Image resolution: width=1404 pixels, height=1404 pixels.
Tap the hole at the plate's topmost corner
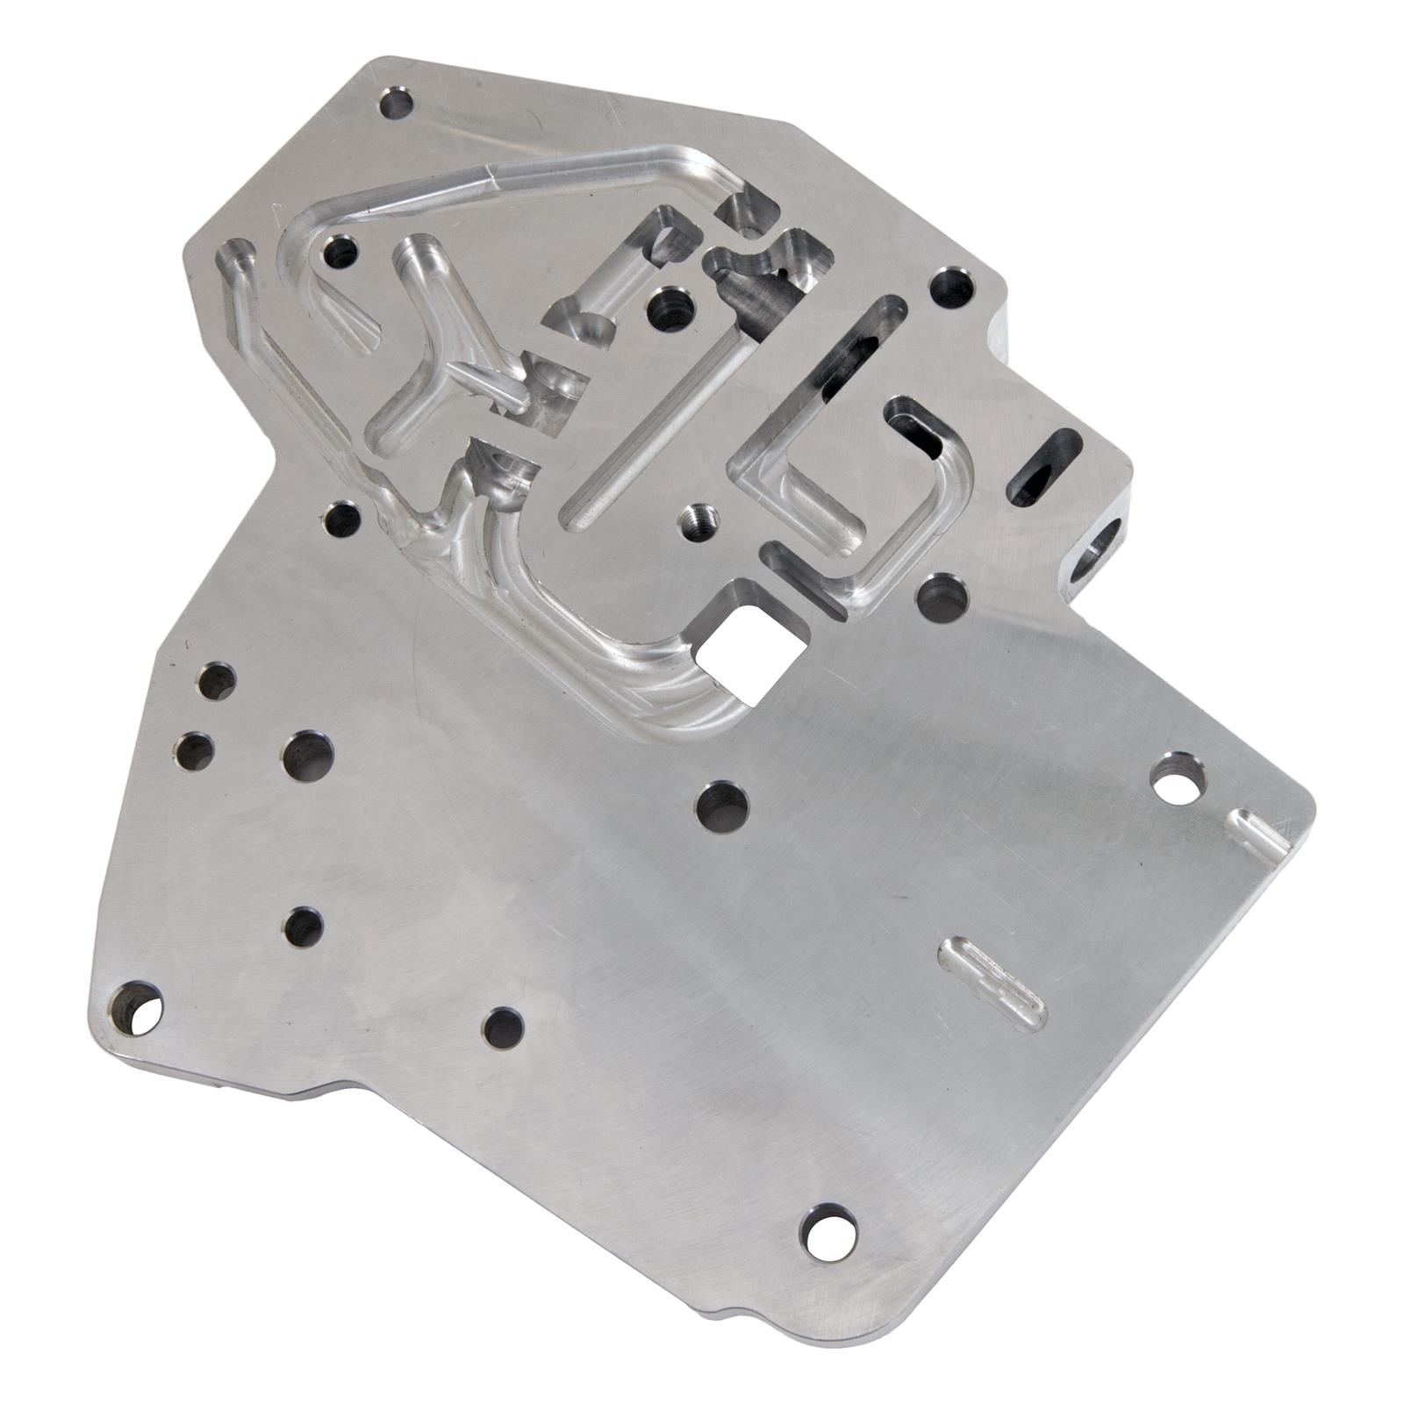click(x=396, y=104)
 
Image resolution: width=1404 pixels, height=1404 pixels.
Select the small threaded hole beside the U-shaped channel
click(x=699, y=519)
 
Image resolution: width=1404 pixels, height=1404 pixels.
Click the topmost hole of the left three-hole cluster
click(x=217, y=682)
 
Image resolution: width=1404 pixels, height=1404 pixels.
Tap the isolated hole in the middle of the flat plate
click(x=721, y=805)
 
